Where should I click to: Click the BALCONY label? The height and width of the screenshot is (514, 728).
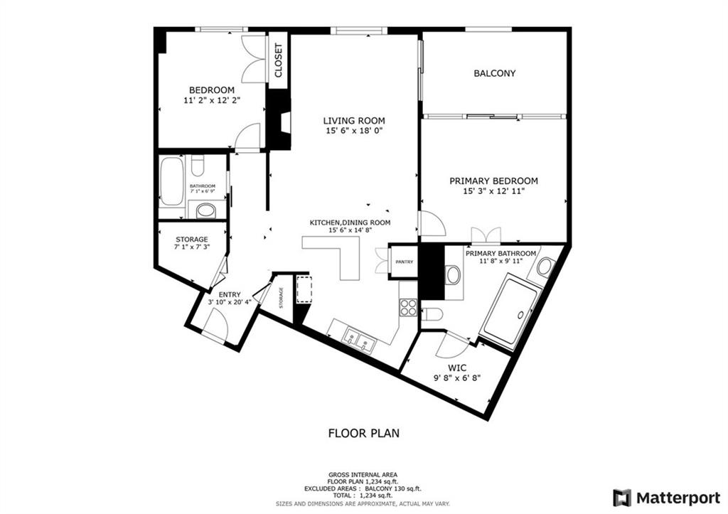point(495,73)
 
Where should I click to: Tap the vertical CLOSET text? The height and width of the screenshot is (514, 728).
point(279,60)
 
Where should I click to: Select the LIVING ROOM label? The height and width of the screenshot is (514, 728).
point(354,121)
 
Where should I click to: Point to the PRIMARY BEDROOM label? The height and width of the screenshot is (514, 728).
point(493,181)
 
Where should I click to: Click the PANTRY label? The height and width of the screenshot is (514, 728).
point(405,262)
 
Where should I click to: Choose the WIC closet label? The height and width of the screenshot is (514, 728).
point(458,368)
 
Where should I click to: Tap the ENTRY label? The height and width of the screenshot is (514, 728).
point(230,294)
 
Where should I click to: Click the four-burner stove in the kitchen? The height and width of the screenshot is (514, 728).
point(409,307)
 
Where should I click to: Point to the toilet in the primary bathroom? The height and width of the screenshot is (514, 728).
point(432,314)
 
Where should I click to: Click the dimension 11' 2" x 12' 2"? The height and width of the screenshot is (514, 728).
point(212,100)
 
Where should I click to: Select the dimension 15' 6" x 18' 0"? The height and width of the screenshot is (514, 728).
point(354,131)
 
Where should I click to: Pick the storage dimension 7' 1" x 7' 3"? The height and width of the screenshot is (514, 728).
point(192,247)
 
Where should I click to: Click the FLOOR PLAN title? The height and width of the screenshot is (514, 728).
point(364,433)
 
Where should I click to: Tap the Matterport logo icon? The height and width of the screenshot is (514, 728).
point(622,498)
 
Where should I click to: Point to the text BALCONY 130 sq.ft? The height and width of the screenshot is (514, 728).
point(395,489)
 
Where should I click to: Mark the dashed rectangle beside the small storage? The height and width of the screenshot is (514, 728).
point(304,289)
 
